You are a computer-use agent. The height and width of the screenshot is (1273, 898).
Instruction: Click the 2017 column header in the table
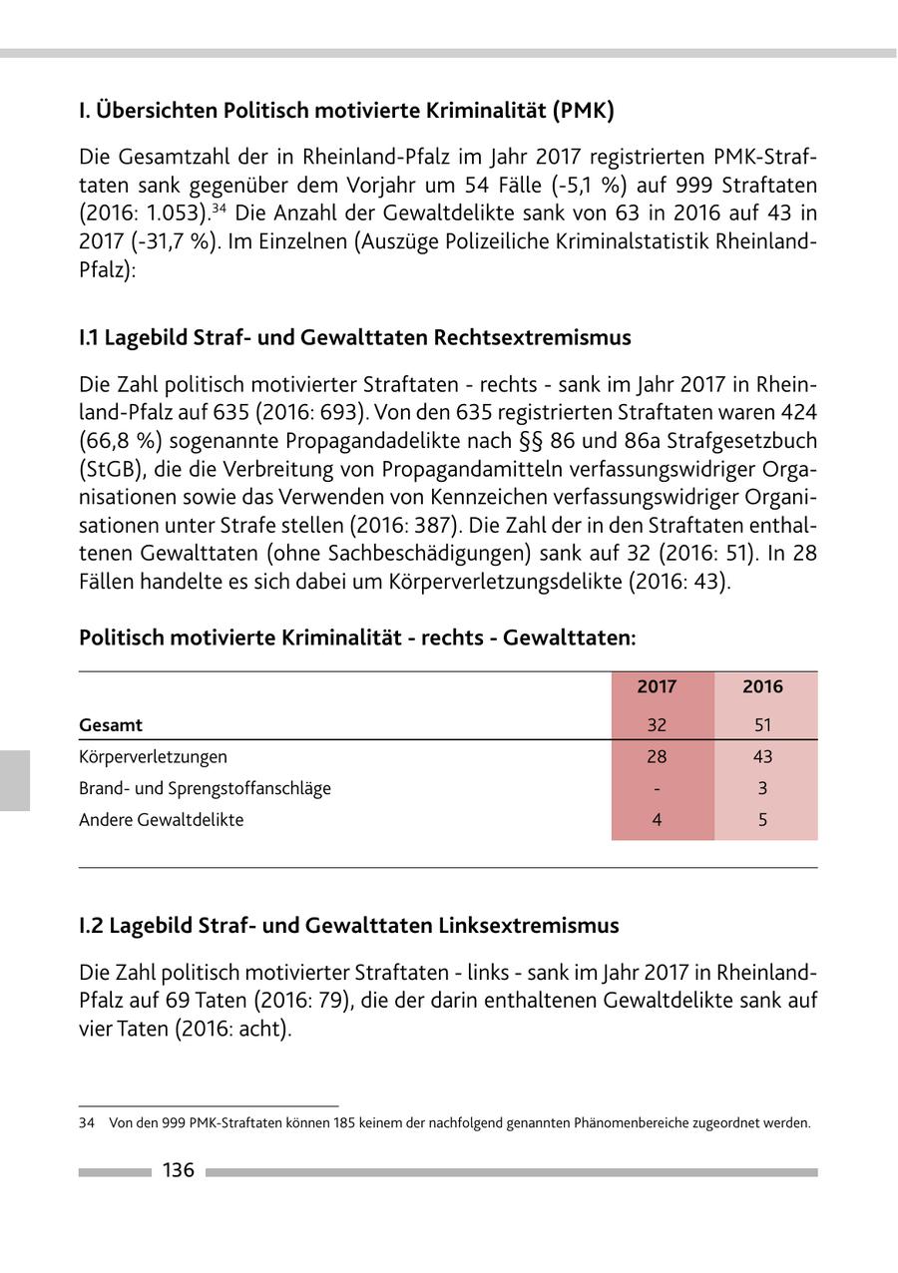(x=657, y=686)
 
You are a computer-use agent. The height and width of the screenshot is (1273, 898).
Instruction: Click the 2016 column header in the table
(x=762, y=686)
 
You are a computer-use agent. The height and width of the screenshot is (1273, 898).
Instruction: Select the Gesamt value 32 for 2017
(x=657, y=725)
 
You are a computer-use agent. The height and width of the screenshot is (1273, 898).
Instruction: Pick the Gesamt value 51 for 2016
(x=762, y=725)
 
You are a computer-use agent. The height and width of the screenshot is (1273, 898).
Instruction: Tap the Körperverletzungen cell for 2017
(x=657, y=756)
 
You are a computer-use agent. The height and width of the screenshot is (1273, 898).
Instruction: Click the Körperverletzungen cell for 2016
(x=762, y=756)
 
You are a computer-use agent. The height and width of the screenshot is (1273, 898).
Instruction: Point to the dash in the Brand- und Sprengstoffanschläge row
(x=657, y=788)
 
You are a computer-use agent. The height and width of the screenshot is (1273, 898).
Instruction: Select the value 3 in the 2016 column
(x=762, y=788)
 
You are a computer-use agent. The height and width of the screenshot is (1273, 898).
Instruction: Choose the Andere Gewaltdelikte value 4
(x=657, y=820)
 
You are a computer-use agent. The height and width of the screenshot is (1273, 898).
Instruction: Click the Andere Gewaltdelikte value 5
(x=762, y=820)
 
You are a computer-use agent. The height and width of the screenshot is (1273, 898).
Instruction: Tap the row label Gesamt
(x=111, y=725)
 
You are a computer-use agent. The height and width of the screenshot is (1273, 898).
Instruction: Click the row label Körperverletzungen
(x=153, y=756)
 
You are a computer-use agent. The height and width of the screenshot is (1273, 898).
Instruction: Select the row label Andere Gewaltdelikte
(x=161, y=820)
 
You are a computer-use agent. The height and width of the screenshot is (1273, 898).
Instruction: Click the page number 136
(x=178, y=1170)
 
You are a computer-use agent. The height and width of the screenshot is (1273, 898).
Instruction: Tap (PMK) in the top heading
(x=582, y=110)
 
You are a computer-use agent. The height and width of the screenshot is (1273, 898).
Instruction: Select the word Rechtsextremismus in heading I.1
(x=532, y=337)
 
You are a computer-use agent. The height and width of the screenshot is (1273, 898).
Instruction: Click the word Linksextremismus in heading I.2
(x=529, y=925)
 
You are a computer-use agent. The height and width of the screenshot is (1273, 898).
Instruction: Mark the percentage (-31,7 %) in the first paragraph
(x=142, y=242)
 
